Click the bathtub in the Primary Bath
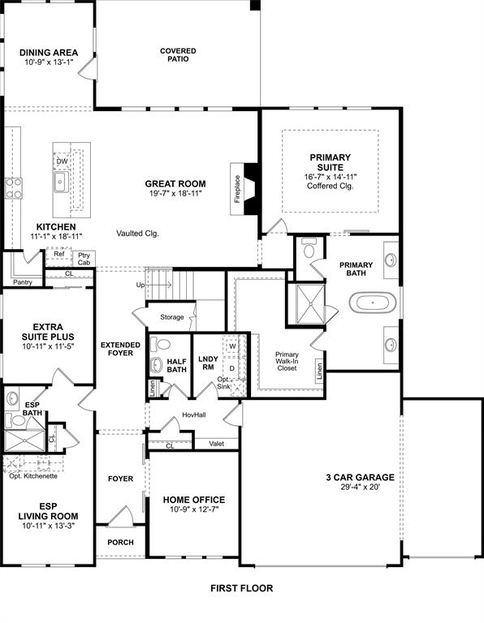click(x=374, y=304)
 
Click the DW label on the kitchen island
click(x=62, y=161)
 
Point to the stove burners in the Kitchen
click(x=14, y=188)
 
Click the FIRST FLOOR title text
click(x=241, y=588)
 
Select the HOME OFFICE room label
click(x=194, y=500)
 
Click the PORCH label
click(x=120, y=542)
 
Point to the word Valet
click(x=216, y=444)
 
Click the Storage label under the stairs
click(x=171, y=317)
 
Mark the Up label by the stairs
click(x=140, y=286)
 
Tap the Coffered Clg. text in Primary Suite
click(x=331, y=186)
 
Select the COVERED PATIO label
click(x=178, y=56)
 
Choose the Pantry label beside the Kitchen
click(x=22, y=282)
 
